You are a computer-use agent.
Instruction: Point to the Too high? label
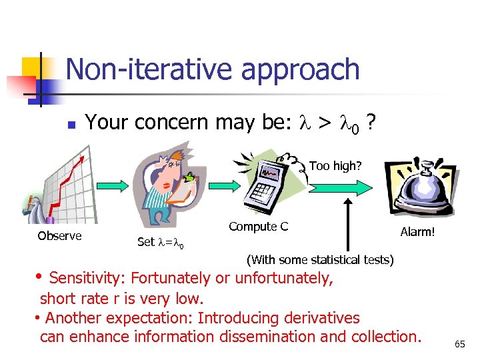[x=335, y=166]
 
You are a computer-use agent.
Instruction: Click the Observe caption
[x=59, y=236]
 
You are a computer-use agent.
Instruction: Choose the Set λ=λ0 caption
[x=160, y=242]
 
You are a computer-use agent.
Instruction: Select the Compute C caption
[x=258, y=227]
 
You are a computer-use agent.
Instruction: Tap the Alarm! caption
[x=417, y=232]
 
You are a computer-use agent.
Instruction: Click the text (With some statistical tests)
[x=320, y=259]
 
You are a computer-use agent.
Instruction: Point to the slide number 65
[x=459, y=344]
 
